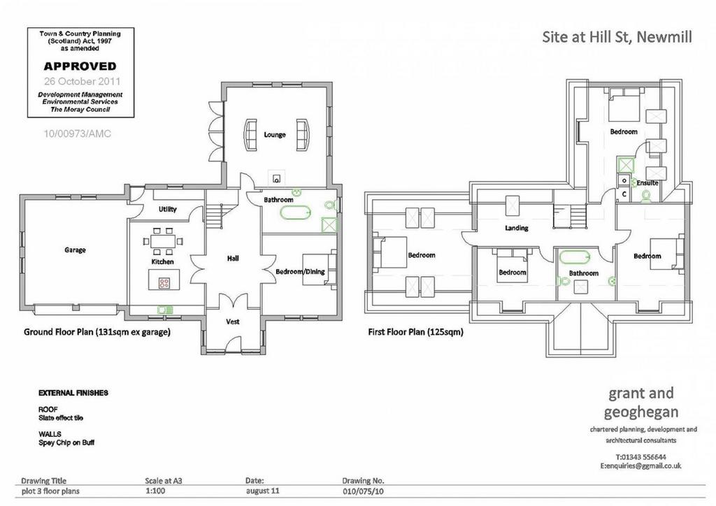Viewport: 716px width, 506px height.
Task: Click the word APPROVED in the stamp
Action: click(80, 66)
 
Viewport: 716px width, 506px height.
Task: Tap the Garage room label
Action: click(75, 250)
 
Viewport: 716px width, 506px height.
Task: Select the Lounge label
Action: click(275, 135)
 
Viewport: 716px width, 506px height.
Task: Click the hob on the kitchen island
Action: click(164, 283)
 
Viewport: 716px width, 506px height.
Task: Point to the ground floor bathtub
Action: click(296, 213)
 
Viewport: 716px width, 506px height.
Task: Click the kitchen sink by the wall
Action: click(165, 310)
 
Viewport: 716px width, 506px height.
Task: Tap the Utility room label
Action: click(168, 209)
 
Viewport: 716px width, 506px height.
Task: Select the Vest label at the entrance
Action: click(233, 321)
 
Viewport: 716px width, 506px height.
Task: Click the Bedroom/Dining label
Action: click(300, 271)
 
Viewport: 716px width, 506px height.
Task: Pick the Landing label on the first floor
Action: click(517, 228)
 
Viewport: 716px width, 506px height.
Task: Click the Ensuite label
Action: click(647, 183)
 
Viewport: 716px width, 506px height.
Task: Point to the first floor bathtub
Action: click(575, 257)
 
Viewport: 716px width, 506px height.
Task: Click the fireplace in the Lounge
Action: click(276, 178)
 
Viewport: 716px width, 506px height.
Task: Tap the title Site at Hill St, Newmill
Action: click(617, 36)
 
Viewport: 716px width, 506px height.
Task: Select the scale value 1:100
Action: click(155, 491)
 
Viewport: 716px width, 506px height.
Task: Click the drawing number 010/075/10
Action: click(364, 491)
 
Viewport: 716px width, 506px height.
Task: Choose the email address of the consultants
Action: click(640, 466)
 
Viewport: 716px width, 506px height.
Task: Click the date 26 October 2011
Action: click(83, 81)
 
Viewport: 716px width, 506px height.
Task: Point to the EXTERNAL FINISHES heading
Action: click(73, 393)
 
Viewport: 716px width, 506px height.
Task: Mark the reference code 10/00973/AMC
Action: click(77, 133)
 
